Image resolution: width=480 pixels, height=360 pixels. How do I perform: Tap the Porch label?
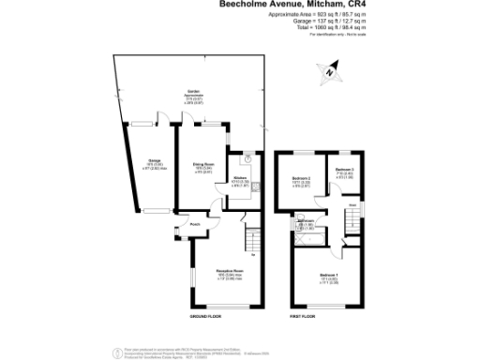click(x=195, y=225)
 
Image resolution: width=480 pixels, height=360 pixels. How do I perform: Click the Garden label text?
click(x=191, y=91)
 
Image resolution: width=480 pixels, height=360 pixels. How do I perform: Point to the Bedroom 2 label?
click(x=302, y=176)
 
